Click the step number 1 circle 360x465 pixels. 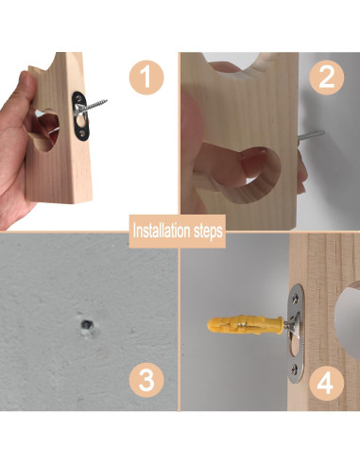point(146,77)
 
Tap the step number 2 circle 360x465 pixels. point(326,77)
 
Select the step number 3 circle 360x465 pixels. point(146,380)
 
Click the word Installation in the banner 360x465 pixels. point(158,231)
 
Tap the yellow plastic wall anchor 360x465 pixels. point(245,324)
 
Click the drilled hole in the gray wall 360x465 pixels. point(87,324)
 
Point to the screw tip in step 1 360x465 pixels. point(106,100)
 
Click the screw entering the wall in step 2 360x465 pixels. point(311,135)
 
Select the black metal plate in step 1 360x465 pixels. point(80,116)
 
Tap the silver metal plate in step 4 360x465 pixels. point(296,334)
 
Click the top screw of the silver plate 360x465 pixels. point(297,296)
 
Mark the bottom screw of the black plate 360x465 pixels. point(82,133)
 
